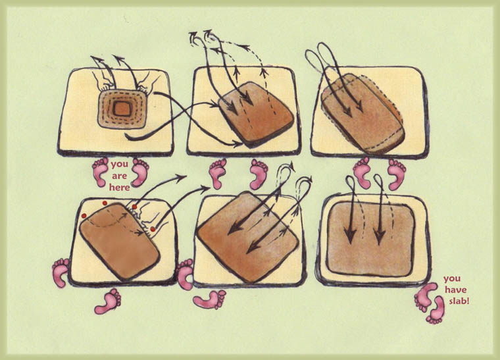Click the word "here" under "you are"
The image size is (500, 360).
click(120, 187)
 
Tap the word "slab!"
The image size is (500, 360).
click(459, 300)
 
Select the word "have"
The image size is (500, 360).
click(456, 290)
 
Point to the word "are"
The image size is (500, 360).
click(120, 176)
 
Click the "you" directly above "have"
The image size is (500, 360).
click(452, 279)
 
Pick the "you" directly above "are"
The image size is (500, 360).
click(120, 165)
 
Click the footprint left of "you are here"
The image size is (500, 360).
click(101, 172)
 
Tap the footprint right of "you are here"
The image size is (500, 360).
click(140, 172)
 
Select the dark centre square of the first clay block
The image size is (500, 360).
click(121, 109)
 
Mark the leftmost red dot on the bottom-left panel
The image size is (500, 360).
click(84, 216)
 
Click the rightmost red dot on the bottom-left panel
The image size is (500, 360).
click(153, 229)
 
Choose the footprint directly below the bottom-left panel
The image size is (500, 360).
click(108, 301)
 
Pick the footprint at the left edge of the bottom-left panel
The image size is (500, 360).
click(61, 273)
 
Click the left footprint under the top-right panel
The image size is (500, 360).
click(362, 172)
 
